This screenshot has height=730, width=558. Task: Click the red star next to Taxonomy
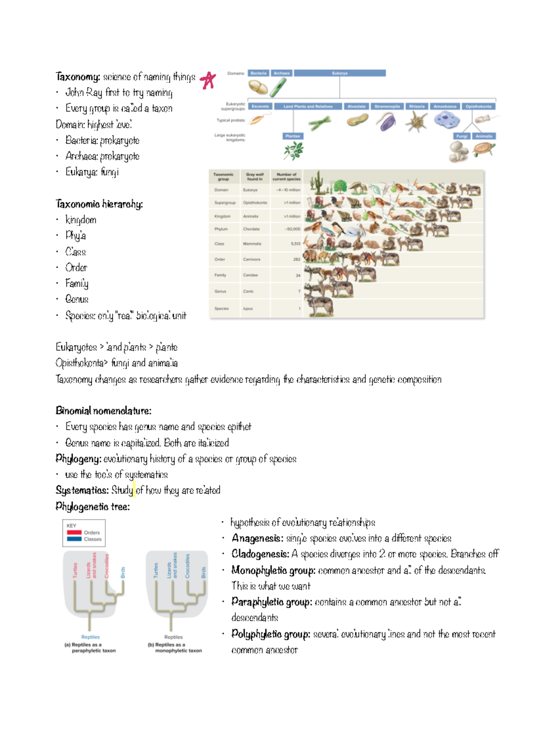coord(208,80)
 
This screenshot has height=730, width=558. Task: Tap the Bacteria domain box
coord(258,73)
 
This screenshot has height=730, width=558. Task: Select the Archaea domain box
coord(281,73)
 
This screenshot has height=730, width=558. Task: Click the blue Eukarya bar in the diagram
coord(339,73)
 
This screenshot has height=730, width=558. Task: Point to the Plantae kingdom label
coord(292,136)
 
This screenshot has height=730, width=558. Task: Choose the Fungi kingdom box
coord(462,136)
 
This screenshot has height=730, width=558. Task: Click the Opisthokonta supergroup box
coord(478,106)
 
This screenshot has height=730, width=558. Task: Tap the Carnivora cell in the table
coord(252,259)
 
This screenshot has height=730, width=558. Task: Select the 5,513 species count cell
coord(295,244)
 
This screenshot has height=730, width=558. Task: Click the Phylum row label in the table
coord(221,229)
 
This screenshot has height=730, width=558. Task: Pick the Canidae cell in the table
coord(250,275)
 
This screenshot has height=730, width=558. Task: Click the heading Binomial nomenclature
coord(103,411)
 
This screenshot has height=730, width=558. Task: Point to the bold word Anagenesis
coord(257,538)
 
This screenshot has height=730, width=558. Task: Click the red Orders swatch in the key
coord(74,532)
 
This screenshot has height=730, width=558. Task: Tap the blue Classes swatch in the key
coord(74,539)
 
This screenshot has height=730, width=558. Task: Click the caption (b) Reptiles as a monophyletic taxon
coord(174,648)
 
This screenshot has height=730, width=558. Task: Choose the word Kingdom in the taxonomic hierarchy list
coord(81,220)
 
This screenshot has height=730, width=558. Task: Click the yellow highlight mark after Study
coord(134,489)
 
